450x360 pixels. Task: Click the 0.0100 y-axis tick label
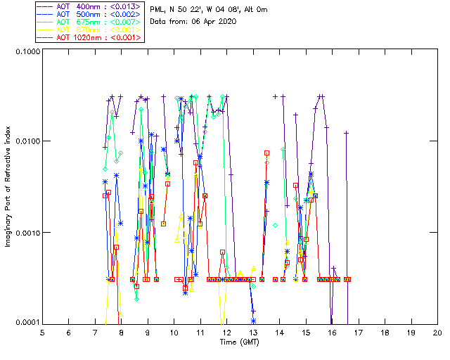26,142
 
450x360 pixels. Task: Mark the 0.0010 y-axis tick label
26,233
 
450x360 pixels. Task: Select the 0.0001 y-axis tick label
26,323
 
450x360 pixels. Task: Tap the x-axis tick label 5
42,332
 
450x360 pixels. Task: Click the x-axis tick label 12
226,332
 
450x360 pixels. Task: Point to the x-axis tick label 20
437,332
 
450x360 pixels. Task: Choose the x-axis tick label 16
332,332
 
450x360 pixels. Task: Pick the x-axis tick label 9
148,332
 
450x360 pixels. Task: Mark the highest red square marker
267,153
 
